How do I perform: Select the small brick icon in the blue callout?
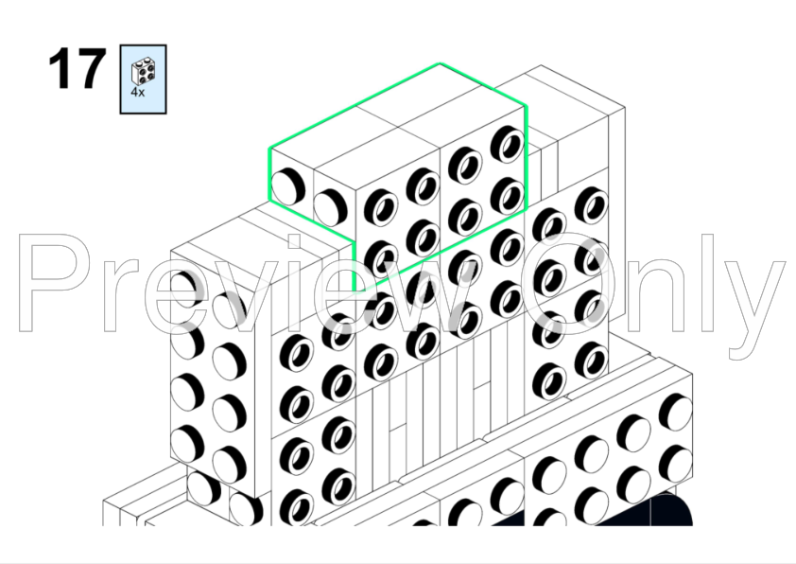pos(143,72)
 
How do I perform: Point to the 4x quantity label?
pos(138,93)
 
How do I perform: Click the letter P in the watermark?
pos(60,283)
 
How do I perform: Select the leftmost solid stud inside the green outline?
pos(287,187)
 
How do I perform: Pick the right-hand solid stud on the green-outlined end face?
pos(330,207)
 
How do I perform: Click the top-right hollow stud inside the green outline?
pos(508,143)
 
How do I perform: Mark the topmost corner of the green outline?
pos(441,63)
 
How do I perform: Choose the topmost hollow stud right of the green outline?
pos(592,204)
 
